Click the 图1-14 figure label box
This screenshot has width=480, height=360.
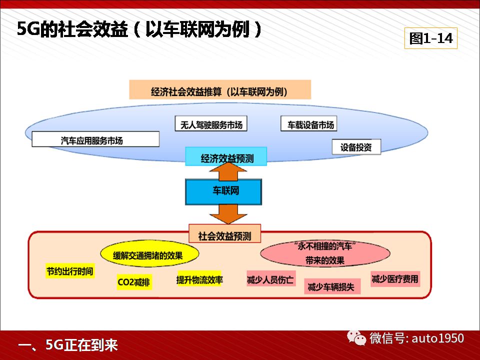click(x=430, y=38)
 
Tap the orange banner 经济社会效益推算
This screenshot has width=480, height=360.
click(x=220, y=89)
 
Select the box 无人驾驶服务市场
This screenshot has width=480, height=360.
click(x=211, y=123)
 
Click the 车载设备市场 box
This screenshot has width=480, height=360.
click(x=309, y=123)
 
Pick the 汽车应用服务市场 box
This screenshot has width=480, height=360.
click(x=95, y=139)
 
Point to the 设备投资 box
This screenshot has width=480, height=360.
click(x=356, y=147)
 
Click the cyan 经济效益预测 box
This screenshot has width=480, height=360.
click(x=226, y=156)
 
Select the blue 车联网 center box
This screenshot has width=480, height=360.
click(x=223, y=191)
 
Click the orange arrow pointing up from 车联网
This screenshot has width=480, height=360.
click(x=228, y=171)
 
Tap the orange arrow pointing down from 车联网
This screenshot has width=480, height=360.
click(x=228, y=213)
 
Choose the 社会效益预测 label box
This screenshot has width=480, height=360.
click(x=224, y=234)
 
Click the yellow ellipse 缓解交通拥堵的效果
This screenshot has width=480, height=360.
click(x=149, y=254)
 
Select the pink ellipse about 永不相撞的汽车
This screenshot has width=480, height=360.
click(x=325, y=253)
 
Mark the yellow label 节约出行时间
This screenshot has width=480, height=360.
click(x=70, y=271)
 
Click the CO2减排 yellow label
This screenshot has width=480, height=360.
click(x=134, y=282)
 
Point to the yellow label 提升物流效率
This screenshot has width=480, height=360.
click(x=199, y=279)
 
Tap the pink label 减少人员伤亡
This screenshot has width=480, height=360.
click(x=270, y=279)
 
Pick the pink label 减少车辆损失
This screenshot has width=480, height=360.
click(x=332, y=286)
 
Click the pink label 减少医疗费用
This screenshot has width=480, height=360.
click(x=395, y=279)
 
